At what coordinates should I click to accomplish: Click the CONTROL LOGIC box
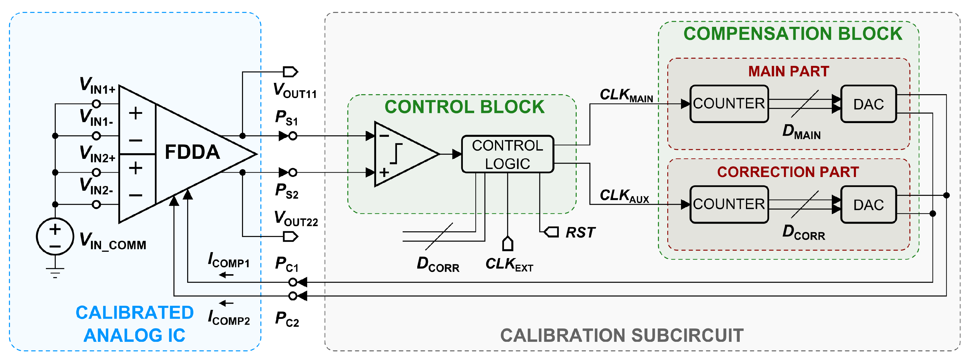coord(507,154)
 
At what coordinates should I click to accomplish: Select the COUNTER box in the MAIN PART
coord(729,104)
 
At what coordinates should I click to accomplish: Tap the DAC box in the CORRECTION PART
coord(868,205)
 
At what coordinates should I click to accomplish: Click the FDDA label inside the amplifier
coord(192,152)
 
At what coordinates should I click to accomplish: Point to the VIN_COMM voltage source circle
coord(55,236)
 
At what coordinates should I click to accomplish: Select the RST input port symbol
coord(552,232)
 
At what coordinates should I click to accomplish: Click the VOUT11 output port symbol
coord(290,72)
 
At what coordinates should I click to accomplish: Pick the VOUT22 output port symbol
coord(290,236)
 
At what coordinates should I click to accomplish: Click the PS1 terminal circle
coord(293,136)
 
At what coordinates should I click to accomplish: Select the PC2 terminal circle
coord(293,296)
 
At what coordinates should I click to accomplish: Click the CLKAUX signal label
coord(624,196)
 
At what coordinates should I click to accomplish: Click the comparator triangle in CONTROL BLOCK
coord(402,154)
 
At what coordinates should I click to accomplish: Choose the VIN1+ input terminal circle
coord(96,104)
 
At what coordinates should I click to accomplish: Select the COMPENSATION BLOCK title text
coord(792,34)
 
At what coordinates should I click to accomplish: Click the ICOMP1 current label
coord(229,260)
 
